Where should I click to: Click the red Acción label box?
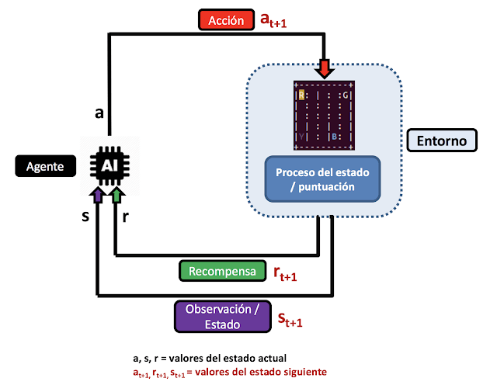tap(226, 21)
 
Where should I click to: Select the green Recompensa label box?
tap(221, 271)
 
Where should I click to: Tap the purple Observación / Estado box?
tap(223, 316)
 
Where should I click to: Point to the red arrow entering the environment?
tap(325, 68)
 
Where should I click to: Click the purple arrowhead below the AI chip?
tap(96, 192)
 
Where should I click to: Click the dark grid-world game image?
tap(325, 114)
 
